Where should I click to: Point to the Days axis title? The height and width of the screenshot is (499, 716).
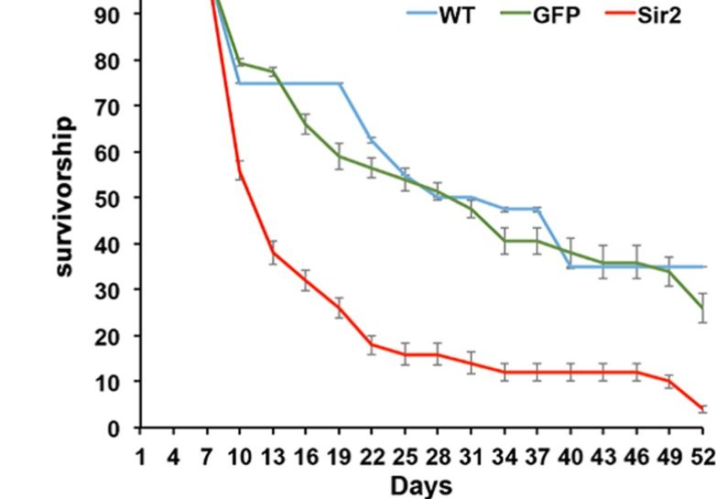click(x=421, y=485)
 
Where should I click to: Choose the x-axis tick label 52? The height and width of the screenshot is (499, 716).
click(x=701, y=455)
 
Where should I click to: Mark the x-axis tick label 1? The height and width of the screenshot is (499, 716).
click(x=140, y=455)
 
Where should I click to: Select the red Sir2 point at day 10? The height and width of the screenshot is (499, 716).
click(x=240, y=174)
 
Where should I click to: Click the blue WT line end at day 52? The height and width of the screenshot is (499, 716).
click(x=703, y=266)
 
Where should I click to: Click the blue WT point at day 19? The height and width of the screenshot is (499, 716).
click(x=340, y=83)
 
